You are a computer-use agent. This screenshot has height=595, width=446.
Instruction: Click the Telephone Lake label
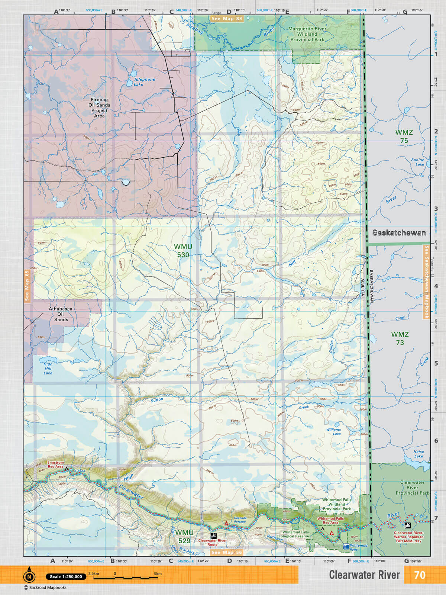144,82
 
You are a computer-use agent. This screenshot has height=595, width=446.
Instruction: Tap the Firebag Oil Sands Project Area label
99,108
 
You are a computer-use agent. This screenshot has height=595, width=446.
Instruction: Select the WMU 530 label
183,251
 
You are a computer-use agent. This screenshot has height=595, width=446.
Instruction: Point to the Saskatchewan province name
399,233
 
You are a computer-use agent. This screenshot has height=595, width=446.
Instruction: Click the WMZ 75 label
404,136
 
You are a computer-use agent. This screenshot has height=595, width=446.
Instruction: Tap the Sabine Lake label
418,162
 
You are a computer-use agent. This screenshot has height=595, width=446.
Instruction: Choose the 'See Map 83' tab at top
226,19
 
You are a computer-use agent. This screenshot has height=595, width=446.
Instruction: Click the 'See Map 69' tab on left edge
27,285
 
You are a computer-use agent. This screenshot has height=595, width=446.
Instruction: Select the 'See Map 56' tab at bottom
226,552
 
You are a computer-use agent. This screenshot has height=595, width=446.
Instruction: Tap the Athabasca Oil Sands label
61,314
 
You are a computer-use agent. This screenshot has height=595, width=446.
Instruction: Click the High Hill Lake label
48,369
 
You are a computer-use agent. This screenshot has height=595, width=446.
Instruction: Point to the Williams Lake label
333,432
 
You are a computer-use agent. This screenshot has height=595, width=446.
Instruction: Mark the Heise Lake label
418,454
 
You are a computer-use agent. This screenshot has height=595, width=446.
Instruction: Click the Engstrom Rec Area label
55,464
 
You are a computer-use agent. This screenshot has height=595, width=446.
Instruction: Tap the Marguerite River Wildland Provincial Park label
307,34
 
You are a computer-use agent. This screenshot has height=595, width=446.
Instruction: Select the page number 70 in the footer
419,575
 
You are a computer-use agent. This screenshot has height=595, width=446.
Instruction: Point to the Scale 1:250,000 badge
66,577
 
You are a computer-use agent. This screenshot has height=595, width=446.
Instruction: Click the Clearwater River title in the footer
364,575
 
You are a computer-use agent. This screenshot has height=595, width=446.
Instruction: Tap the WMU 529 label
184,537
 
